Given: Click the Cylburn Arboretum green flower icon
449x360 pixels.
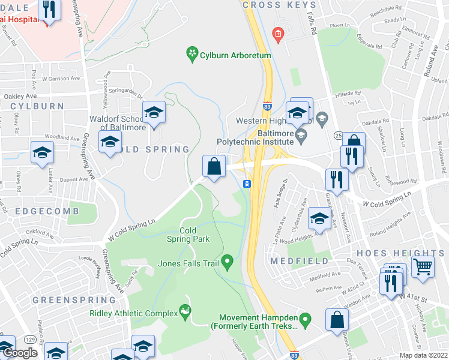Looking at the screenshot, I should [x=192, y=55].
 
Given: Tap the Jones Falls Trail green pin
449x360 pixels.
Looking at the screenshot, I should [x=227, y=262].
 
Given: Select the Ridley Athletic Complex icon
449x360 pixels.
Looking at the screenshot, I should [x=185, y=312].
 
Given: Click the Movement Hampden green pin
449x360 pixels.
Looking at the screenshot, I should [x=305, y=319].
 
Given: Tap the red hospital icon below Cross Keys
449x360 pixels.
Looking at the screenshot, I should [x=277, y=34].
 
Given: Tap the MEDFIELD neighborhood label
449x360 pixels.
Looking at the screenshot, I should [x=300, y=261].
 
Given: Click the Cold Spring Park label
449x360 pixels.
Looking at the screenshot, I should [x=194, y=235].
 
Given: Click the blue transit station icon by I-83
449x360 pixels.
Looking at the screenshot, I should [x=246, y=184].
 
